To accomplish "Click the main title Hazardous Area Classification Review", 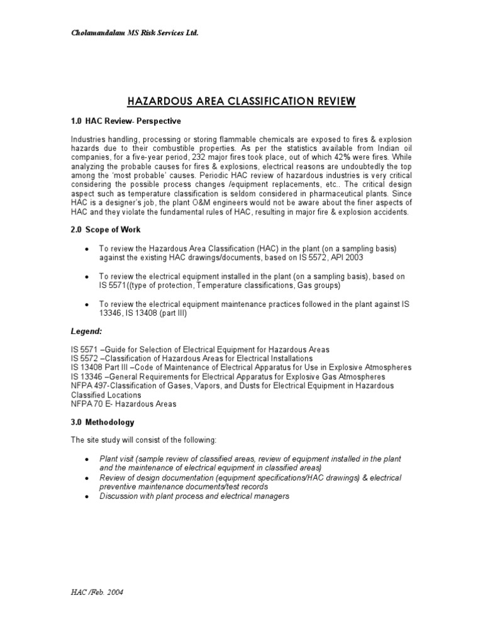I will pos(241,101).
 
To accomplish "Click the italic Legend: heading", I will pos(85,331).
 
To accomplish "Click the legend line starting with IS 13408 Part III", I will pos(241,367).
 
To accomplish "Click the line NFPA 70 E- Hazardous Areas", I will pos(123,404).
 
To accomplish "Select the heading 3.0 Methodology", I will pos(102,423).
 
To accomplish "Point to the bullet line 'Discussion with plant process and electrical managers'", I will pos(194,496).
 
